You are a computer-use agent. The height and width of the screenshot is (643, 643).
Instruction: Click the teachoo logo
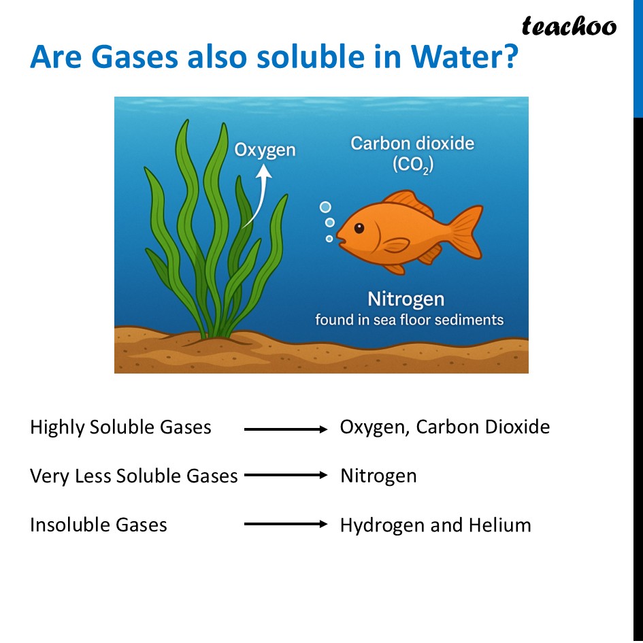point(569,27)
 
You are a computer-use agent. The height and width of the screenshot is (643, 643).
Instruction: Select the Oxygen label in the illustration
point(265,150)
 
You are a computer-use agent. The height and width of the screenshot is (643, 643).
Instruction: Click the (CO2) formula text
point(412,165)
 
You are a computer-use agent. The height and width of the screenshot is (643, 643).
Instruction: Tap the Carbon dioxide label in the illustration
point(412,144)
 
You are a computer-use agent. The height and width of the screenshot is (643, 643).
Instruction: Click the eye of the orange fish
point(359,228)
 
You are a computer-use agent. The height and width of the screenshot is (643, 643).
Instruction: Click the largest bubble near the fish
point(325,207)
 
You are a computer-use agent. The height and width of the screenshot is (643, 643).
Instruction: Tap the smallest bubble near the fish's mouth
point(329,239)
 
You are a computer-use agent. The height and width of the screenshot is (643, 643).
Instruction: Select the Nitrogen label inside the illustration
point(406,299)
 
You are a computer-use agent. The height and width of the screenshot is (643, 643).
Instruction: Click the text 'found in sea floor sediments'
point(409,320)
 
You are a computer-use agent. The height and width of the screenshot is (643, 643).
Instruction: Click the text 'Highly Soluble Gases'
point(120,427)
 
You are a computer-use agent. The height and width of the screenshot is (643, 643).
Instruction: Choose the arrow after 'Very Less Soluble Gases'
point(286,476)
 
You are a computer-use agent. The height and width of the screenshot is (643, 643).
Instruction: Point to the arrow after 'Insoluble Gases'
point(286,525)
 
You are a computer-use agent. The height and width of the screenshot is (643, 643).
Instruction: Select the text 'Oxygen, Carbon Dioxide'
point(444,427)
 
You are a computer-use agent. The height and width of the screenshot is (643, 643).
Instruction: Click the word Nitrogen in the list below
point(378,476)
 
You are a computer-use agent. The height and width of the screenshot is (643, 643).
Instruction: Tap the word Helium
point(499,525)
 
